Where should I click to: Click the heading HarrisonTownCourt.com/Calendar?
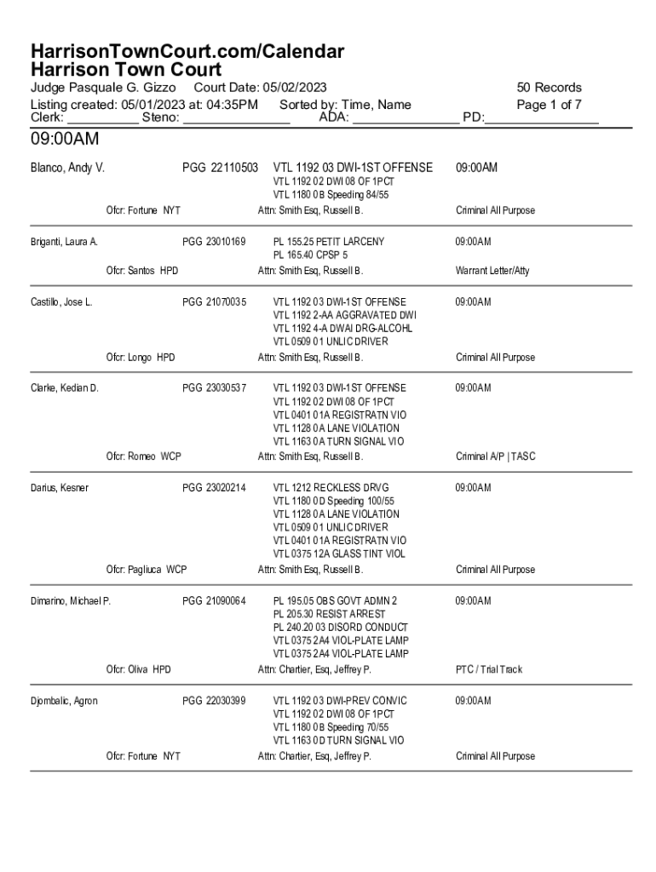tap(187, 51)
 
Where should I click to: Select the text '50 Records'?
tap(549, 88)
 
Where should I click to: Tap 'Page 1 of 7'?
tap(549, 105)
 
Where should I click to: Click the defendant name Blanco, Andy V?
tap(67, 168)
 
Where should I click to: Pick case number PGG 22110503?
tap(220, 168)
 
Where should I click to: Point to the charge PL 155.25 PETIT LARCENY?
tap(328, 242)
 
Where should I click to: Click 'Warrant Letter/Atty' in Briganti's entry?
tap(492, 271)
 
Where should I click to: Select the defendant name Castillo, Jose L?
tap(61, 302)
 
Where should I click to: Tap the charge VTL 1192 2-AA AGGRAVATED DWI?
tap(344, 315)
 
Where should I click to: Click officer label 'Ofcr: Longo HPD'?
tap(141, 358)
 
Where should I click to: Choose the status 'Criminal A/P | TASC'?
tap(496, 456)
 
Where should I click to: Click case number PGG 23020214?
tap(214, 488)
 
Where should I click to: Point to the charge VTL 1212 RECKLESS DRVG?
tap(331, 488)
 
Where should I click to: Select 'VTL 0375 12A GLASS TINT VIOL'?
tap(339, 554)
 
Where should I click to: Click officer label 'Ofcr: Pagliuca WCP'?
tap(147, 570)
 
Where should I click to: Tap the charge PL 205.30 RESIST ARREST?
tap(329, 614)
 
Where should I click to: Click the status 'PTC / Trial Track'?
tap(489, 669)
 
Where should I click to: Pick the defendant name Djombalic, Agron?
tap(64, 701)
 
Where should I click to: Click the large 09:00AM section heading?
tap(65, 139)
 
